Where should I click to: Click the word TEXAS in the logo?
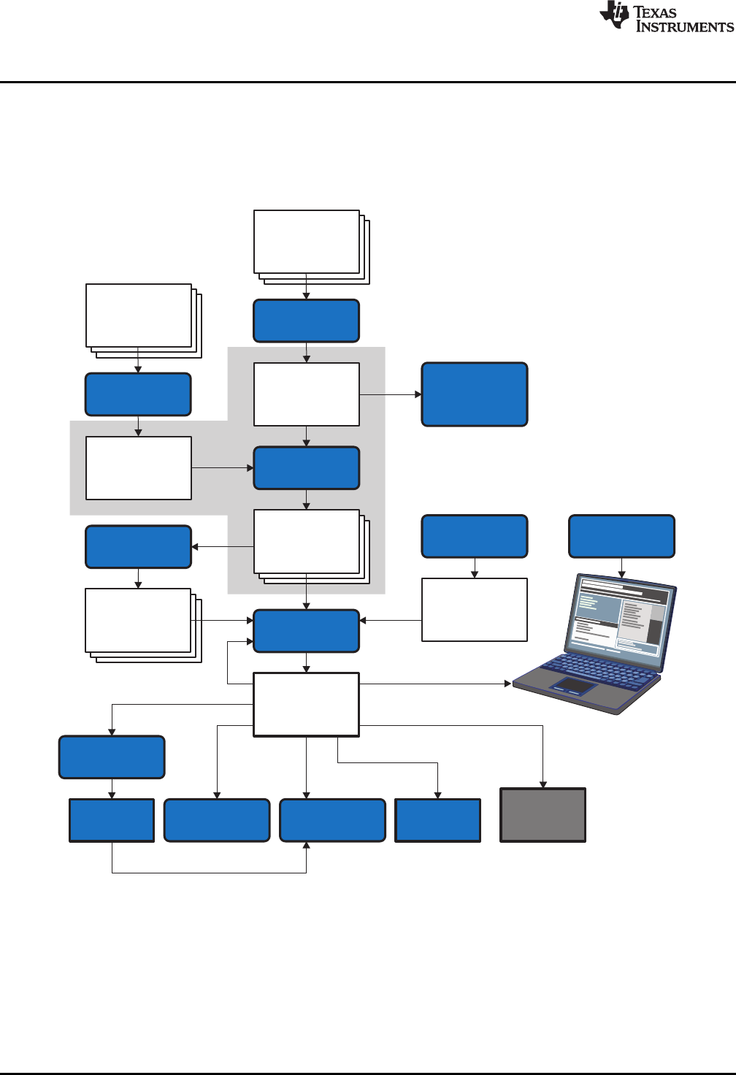pos(656,12)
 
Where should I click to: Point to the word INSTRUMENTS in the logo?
pos(684,27)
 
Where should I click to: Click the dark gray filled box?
pos(543,815)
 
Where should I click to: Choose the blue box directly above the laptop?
pos(621,537)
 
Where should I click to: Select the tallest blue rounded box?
pos(475,394)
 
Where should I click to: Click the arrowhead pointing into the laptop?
pos(508,684)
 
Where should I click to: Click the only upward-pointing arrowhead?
pos(307,846)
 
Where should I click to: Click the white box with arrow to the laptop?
pos(306,705)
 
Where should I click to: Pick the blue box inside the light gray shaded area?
pos(307,468)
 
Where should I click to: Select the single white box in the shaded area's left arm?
pos(139,468)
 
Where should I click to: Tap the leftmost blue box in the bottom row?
pos(112,820)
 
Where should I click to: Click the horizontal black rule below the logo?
pos(368,82)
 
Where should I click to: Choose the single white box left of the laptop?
pos(475,610)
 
